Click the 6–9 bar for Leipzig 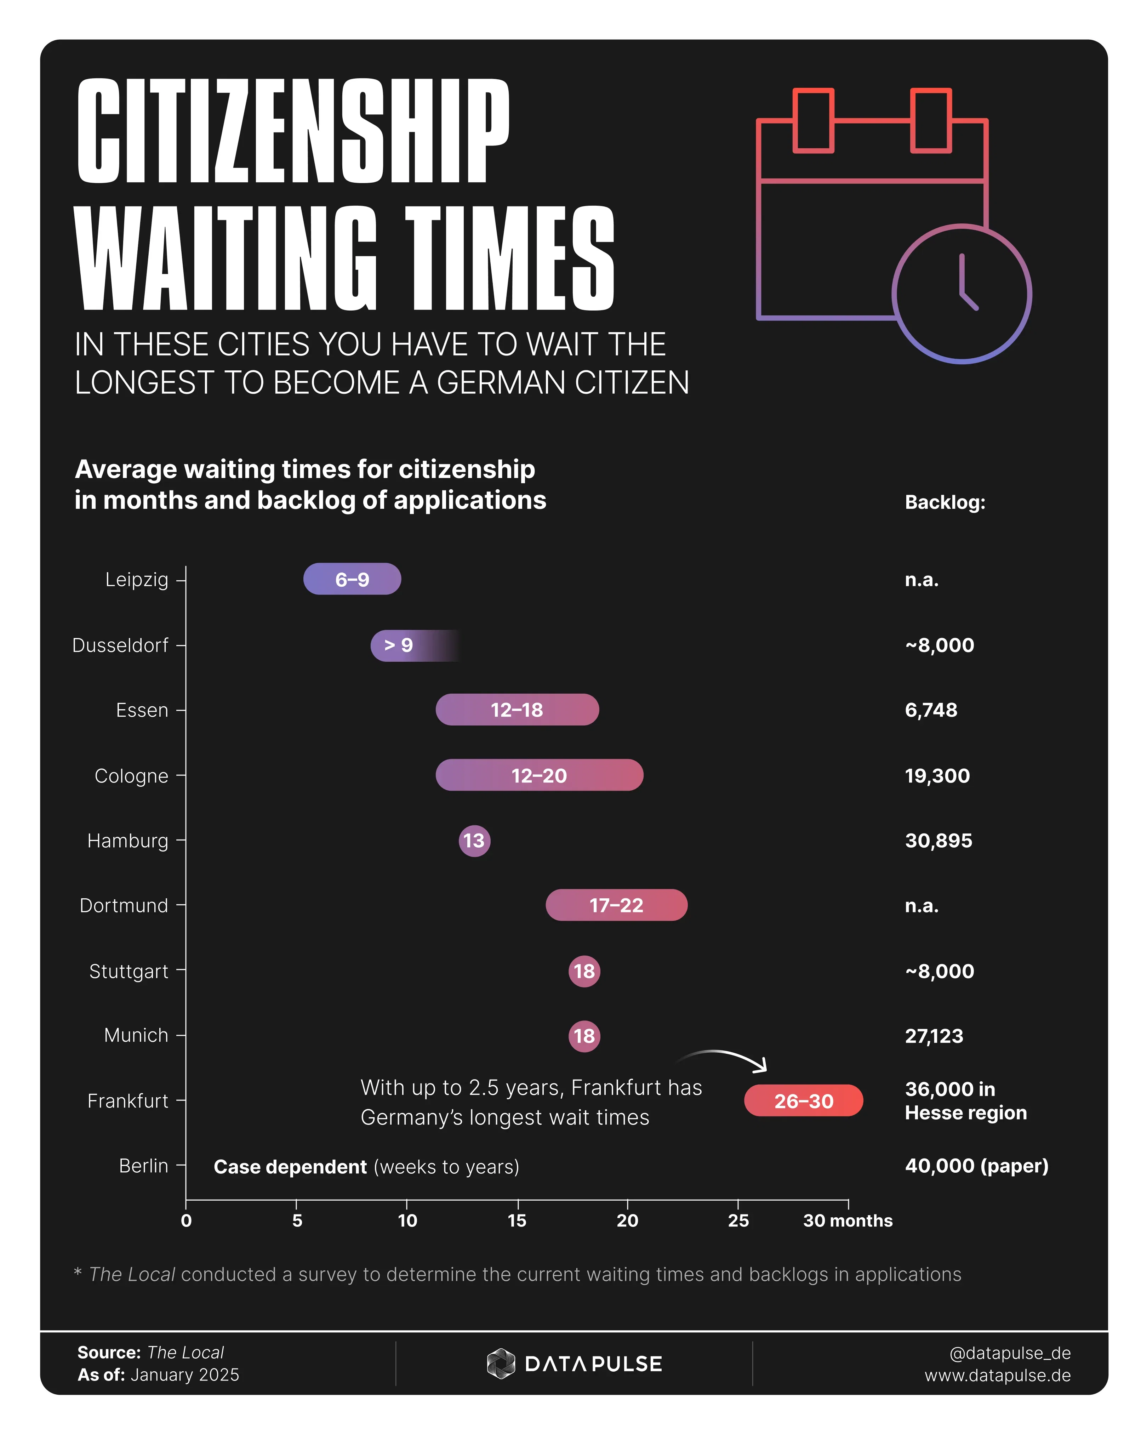click(x=352, y=579)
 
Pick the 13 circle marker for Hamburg click(x=474, y=841)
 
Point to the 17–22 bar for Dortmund click(x=616, y=905)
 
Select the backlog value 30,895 click(x=938, y=841)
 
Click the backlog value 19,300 click(x=937, y=775)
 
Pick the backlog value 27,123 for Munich click(x=934, y=1036)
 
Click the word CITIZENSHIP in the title click(x=292, y=131)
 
